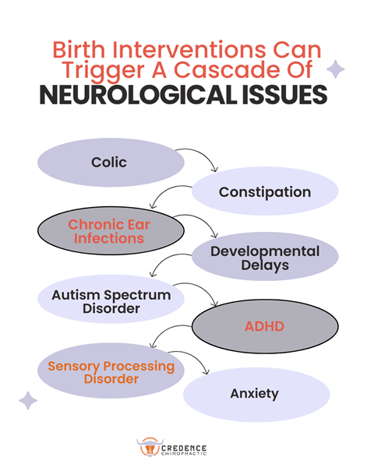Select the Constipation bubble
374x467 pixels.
(264, 191)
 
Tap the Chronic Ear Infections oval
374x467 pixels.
(109, 231)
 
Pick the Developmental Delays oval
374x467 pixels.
(264, 258)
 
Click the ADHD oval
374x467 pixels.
(264, 326)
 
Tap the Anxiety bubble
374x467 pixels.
(254, 393)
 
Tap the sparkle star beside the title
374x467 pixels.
(336, 70)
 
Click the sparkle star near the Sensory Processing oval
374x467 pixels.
(28, 401)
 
